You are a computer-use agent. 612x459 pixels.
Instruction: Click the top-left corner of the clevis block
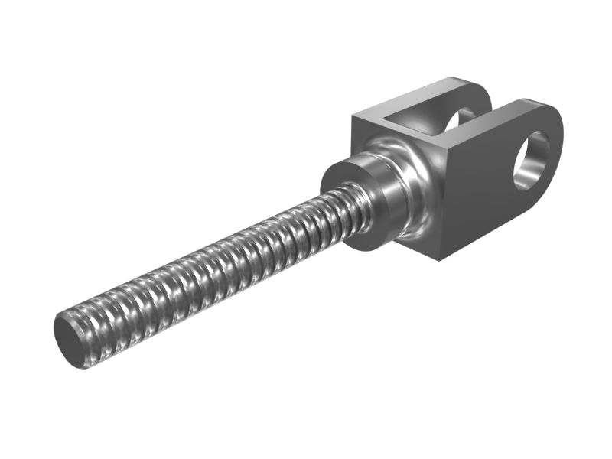(x=353, y=116)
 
